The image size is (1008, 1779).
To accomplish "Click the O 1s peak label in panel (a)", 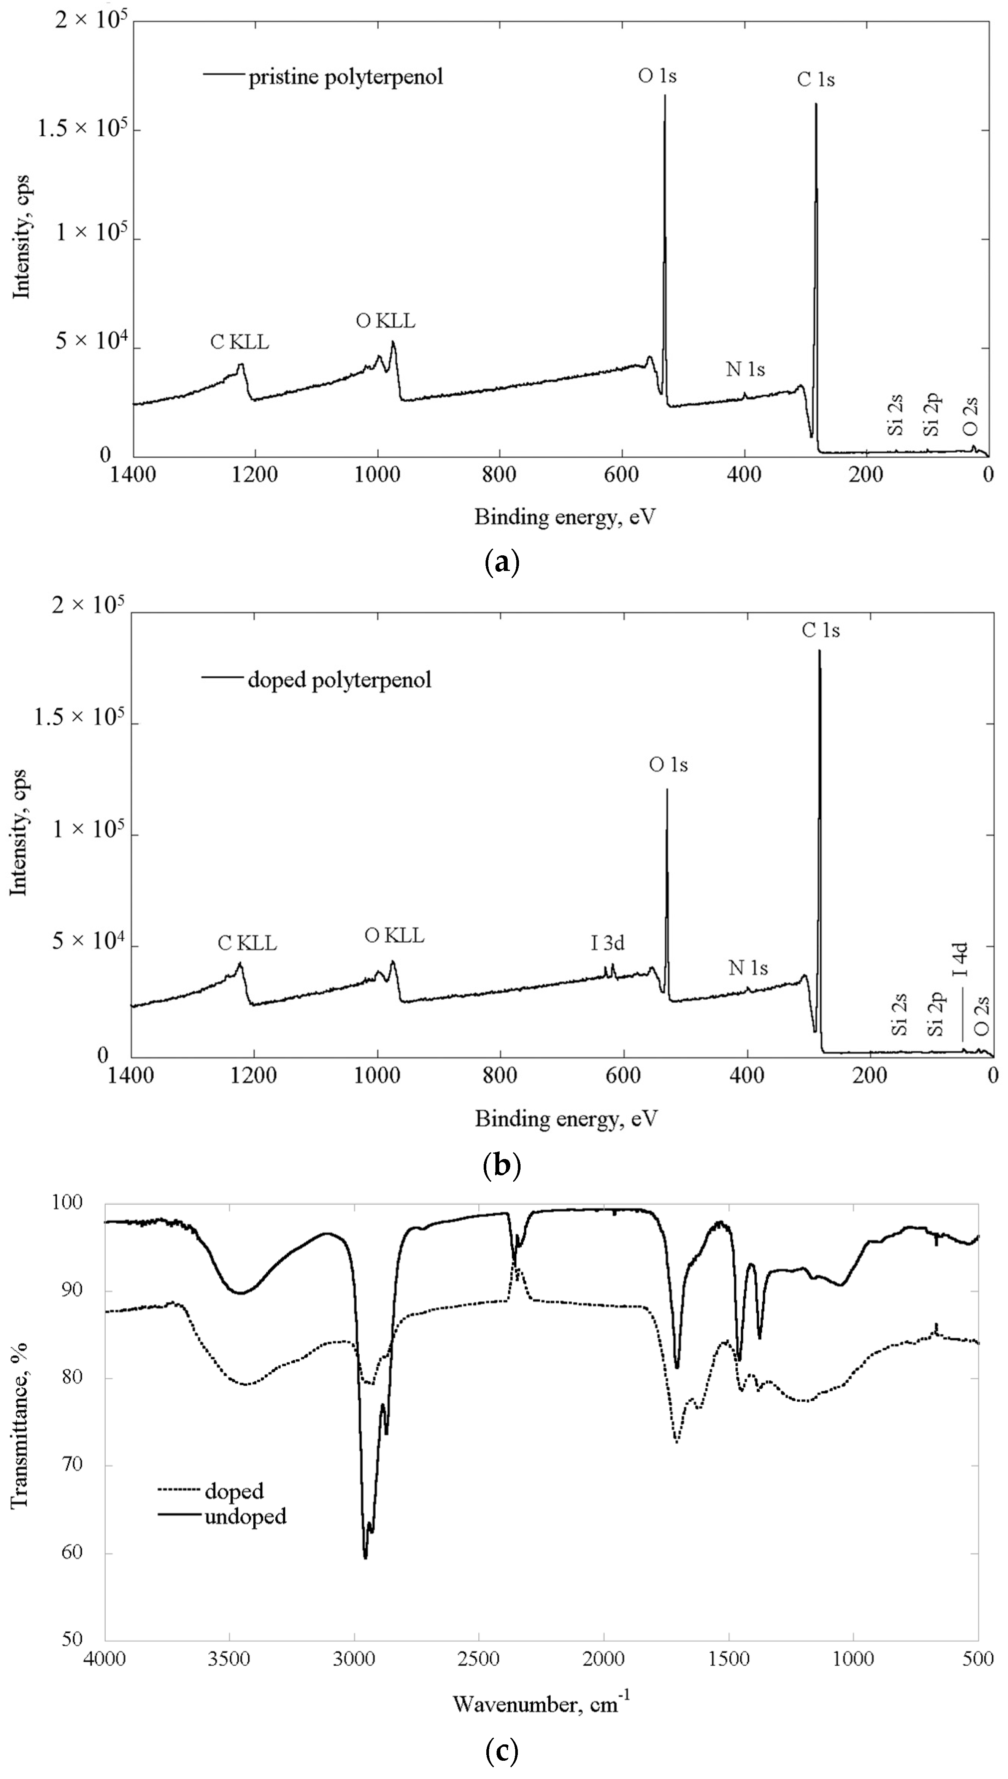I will [x=657, y=75].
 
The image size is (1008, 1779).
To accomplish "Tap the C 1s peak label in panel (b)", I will [x=821, y=630].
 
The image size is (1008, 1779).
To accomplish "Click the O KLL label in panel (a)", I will [x=386, y=321].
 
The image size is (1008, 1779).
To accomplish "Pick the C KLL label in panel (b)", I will [x=247, y=943].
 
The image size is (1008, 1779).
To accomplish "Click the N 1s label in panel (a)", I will [x=745, y=370].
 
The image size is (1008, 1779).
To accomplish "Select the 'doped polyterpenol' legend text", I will [x=339, y=680].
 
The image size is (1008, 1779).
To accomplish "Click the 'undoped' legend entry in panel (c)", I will [x=245, y=1517].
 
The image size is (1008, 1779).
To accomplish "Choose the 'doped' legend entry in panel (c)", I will [x=234, y=1491].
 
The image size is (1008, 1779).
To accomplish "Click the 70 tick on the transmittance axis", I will [x=71, y=1464].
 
